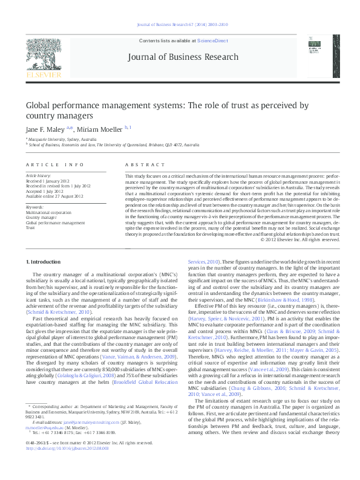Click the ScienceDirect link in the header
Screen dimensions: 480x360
[212, 41]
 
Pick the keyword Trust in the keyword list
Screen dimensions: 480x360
[30, 228]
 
